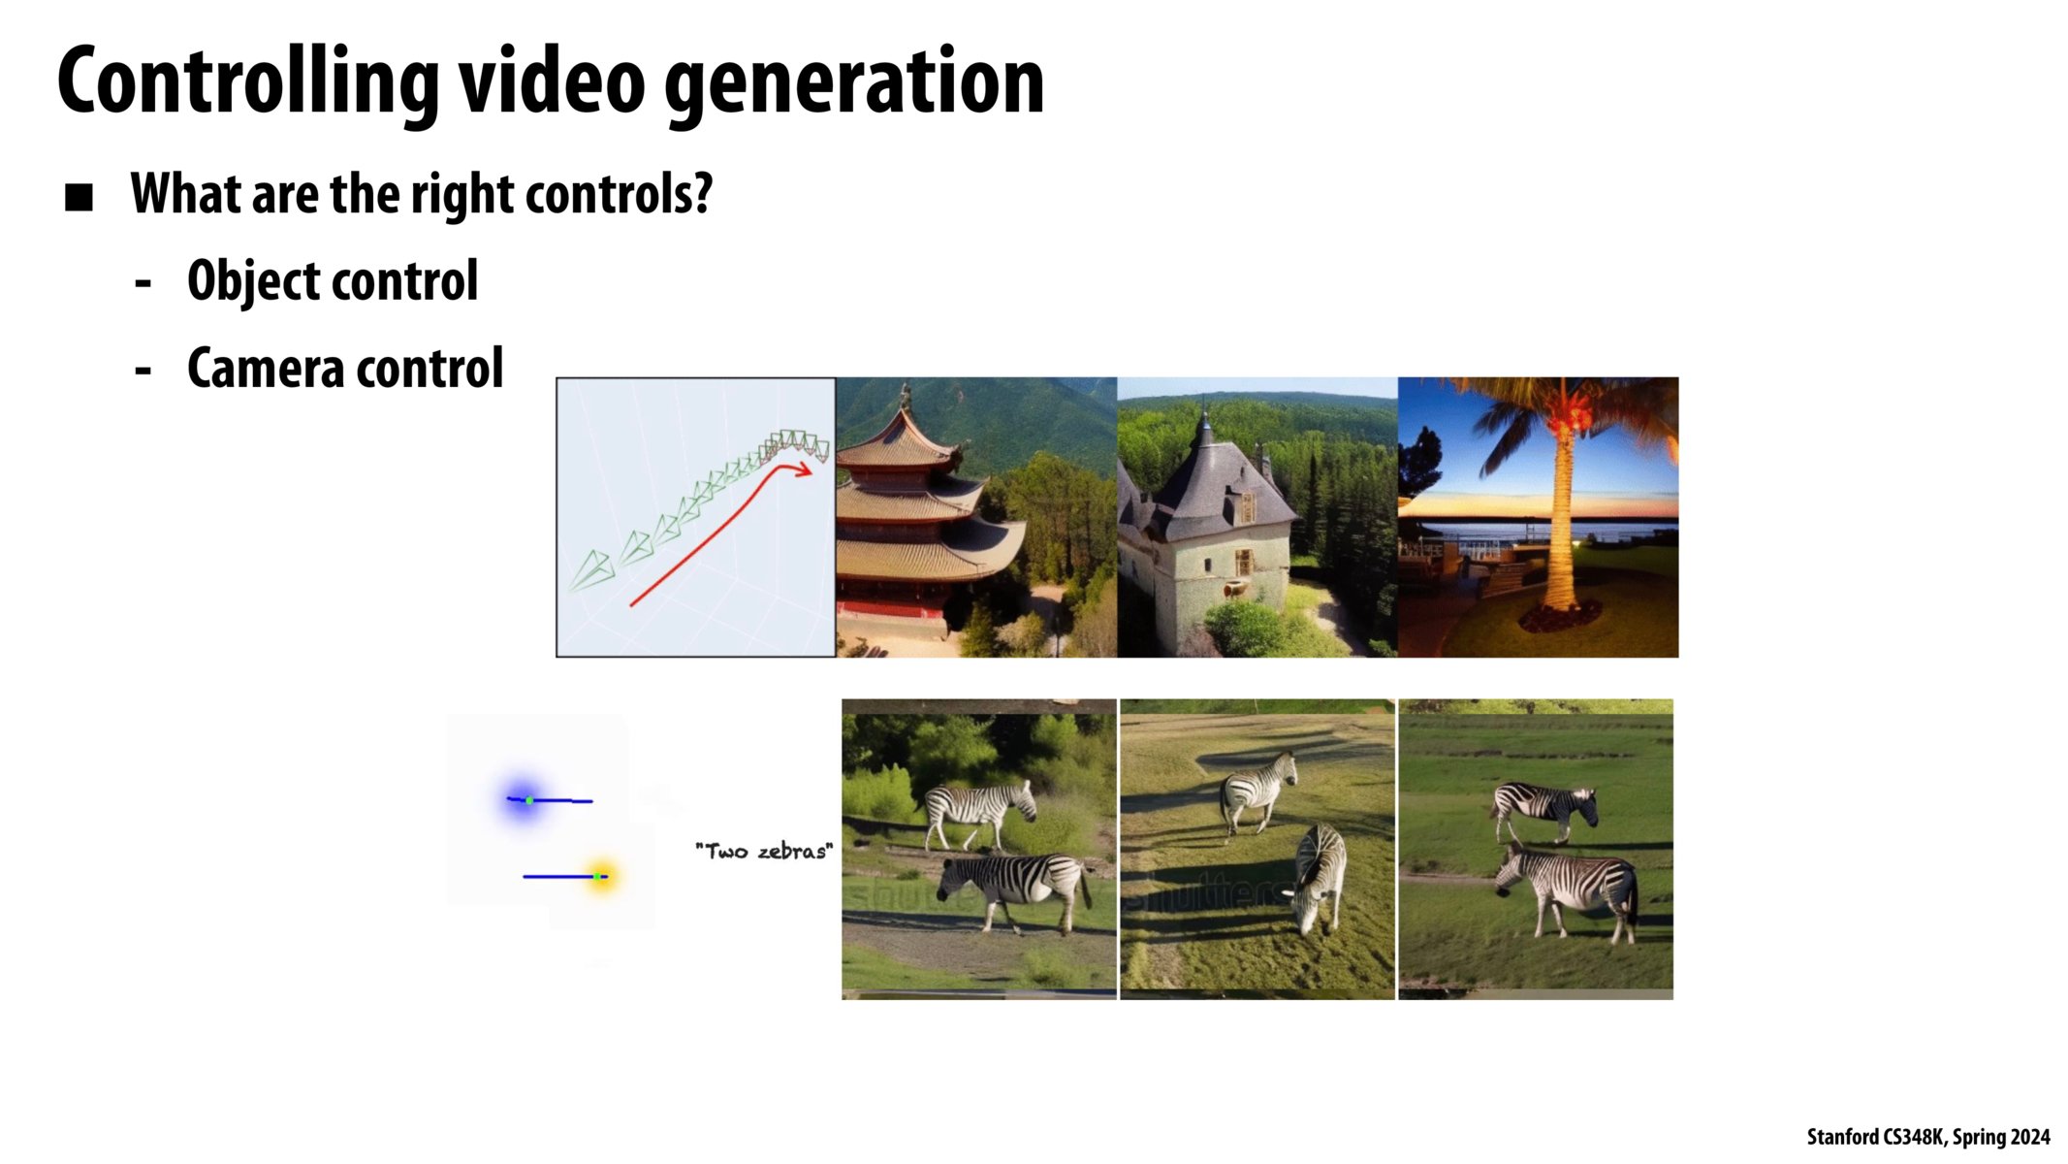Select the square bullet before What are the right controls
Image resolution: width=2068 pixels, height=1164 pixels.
tap(79, 198)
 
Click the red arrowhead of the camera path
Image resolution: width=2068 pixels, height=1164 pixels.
tap(804, 470)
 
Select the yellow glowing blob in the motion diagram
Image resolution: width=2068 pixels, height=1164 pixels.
tap(602, 876)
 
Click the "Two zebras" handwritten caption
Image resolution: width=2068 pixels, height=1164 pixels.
tap(764, 852)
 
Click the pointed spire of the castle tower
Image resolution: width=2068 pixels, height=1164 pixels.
tap(1204, 418)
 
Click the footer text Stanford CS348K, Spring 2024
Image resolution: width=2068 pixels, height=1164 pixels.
tap(1927, 1137)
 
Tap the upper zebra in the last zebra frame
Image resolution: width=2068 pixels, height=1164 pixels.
tap(1543, 807)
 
